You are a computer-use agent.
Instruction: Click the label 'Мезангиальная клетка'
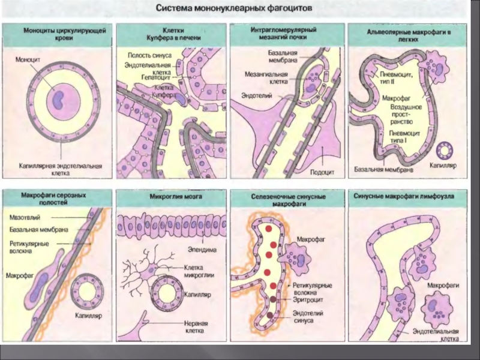tap(266, 79)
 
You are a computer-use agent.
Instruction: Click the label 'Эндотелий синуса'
tap(309, 316)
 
